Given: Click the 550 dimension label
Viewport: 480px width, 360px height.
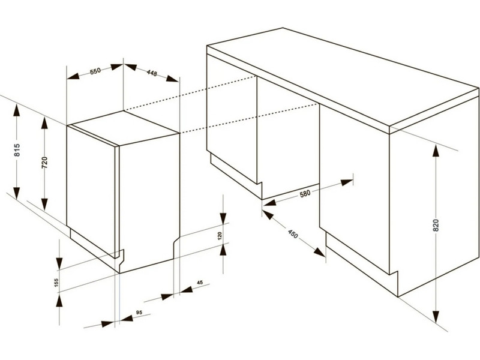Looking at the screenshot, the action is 95,71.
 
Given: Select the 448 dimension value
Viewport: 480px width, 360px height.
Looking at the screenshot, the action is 152,73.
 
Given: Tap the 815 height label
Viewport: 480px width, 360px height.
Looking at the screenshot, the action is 17,150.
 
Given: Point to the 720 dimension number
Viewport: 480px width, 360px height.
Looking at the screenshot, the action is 44,163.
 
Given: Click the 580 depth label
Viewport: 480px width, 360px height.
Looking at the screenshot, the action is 305,193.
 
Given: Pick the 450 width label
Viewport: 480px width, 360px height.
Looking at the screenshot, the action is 292,234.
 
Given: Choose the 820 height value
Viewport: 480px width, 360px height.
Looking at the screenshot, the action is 436,226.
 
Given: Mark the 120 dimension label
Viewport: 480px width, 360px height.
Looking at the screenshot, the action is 220,236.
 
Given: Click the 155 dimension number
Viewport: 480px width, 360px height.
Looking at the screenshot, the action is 56,282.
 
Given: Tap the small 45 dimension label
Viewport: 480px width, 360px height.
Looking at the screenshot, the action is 200,283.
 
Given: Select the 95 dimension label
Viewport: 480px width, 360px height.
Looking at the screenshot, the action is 139,313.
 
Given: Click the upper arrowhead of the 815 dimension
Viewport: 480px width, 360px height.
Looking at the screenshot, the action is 17,110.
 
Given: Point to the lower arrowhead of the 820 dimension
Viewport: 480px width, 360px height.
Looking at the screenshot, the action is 436,317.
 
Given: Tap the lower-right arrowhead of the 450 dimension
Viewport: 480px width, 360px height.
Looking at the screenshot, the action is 320,252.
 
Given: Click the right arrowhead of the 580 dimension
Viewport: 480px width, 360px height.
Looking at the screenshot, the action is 347,182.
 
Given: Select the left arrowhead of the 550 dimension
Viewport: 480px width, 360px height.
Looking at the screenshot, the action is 73,76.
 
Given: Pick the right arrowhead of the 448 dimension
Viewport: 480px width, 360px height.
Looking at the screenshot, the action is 172,79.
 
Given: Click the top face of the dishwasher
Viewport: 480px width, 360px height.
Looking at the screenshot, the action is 123,127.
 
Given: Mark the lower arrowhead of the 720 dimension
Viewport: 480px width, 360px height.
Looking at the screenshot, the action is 44,205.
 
